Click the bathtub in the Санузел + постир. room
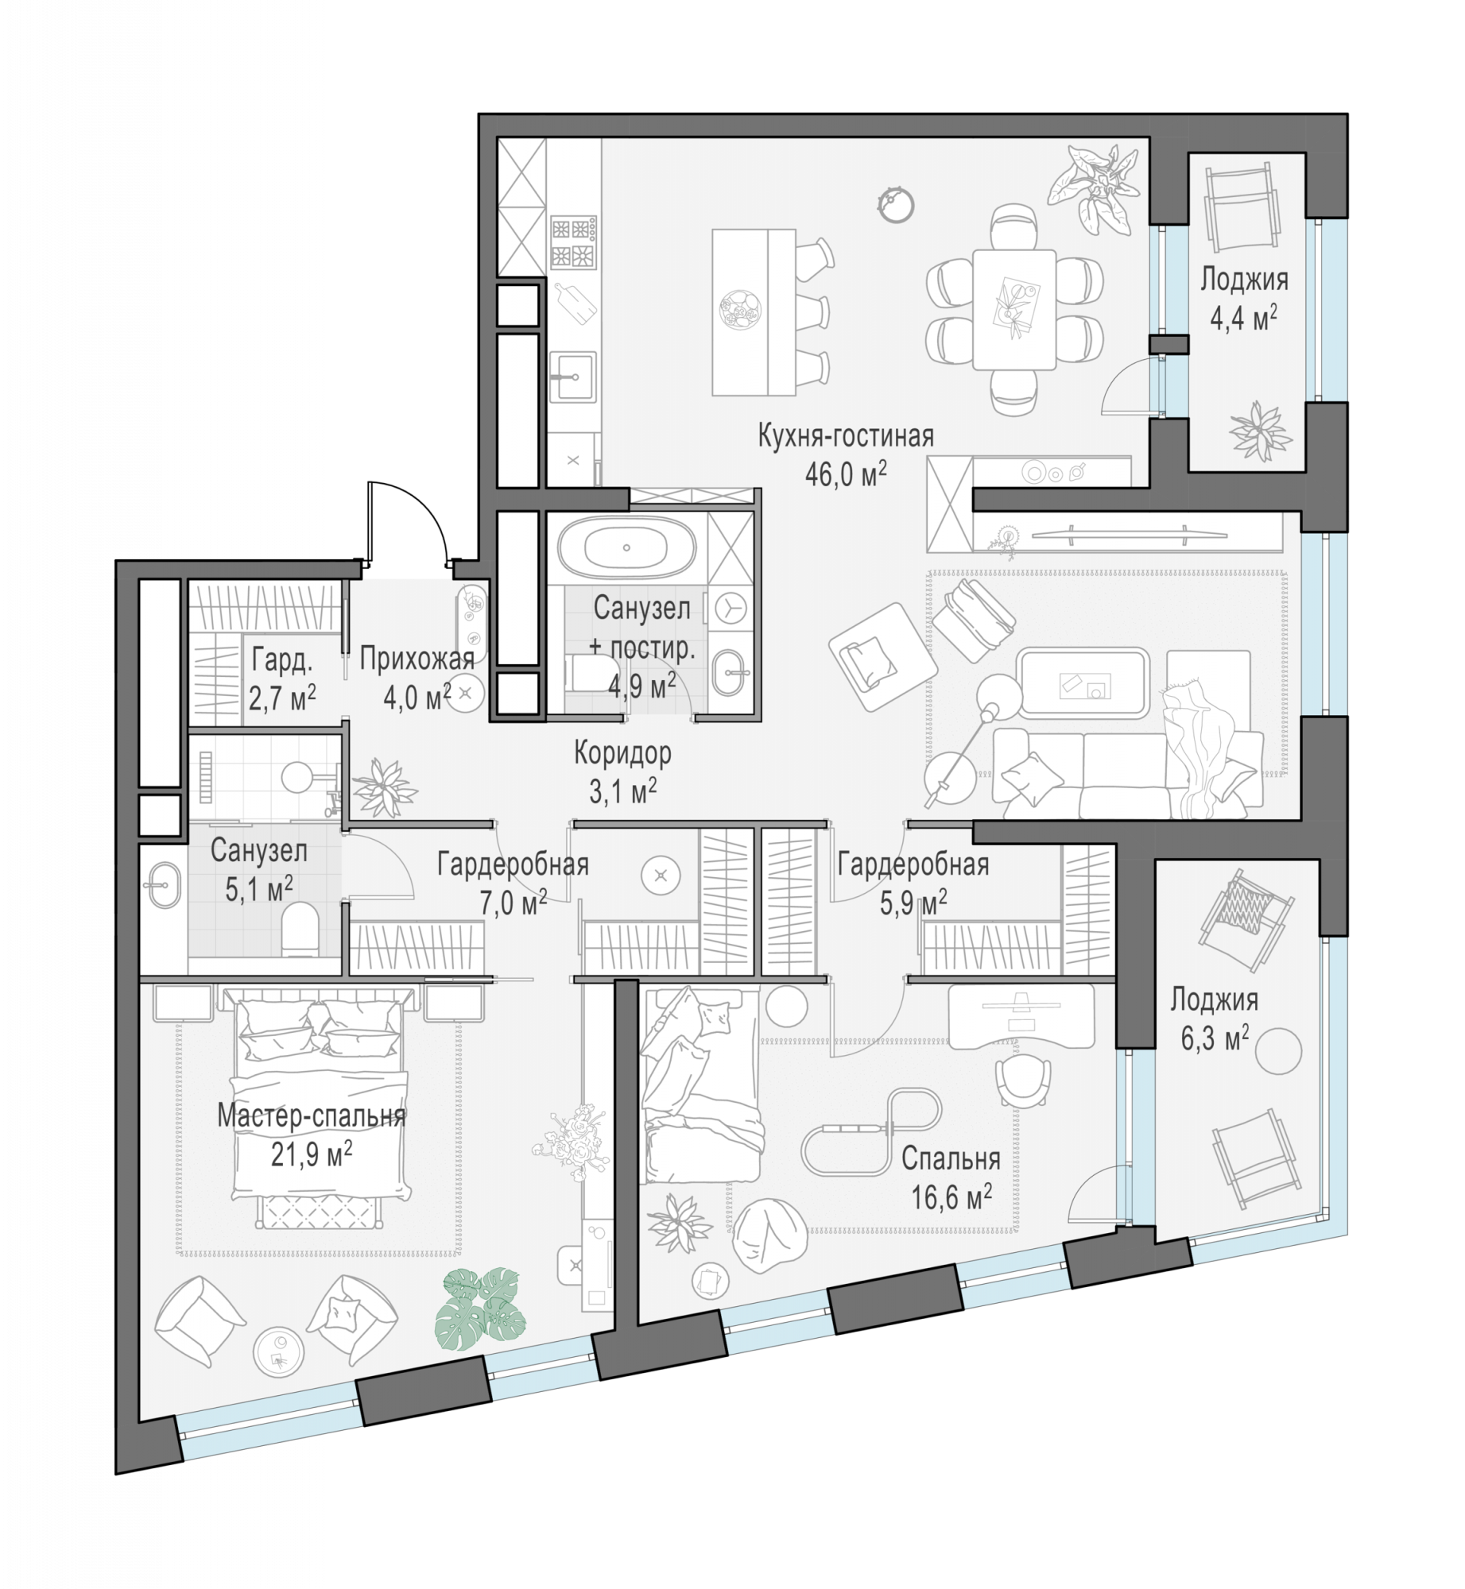[626, 547]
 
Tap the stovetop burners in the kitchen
[573, 242]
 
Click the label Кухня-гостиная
[845, 436]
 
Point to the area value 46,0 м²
[845, 474]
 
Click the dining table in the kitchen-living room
[1014, 310]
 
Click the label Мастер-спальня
[312, 1116]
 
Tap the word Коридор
[622, 752]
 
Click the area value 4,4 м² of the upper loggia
[1243, 319]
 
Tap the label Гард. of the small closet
[282, 659]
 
